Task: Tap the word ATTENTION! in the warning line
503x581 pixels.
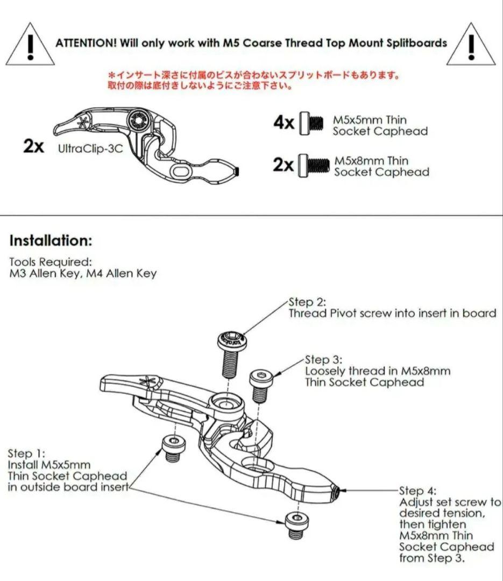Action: pyautogui.click(x=86, y=44)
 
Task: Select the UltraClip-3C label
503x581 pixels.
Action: pyautogui.click(x=90, y=148)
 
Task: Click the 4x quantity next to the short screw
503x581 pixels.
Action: pyautogui.click(x=284, y=122)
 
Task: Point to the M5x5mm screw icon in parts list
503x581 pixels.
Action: pyautogui.click(x=311, y=123)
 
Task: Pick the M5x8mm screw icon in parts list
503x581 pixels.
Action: pyautogui.click(x=314, y=165)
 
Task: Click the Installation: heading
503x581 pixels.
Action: pyautogui.click(x=51, y=240)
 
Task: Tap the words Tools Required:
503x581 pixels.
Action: pyautogui.click(x=50, y=262)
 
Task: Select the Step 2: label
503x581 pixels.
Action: pyautogui.click(x=307, y=302)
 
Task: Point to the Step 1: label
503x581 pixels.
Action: pyautogui.click(x=26, y=454)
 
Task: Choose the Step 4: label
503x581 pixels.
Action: pyautogui.click(x=418, y=491)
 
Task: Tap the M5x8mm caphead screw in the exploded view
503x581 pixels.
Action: pyautogui.click(x=261, y=385)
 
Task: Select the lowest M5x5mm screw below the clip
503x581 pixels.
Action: pyautogui.click(x=297, y=524)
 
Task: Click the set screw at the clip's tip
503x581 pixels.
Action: pyautogui.click(x=337, y=493)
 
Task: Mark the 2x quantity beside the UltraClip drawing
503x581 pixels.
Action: pyautogui.click(x=33, y=146)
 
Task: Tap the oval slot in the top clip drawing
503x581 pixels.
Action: pyautogui.click(x=182, y=172)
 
